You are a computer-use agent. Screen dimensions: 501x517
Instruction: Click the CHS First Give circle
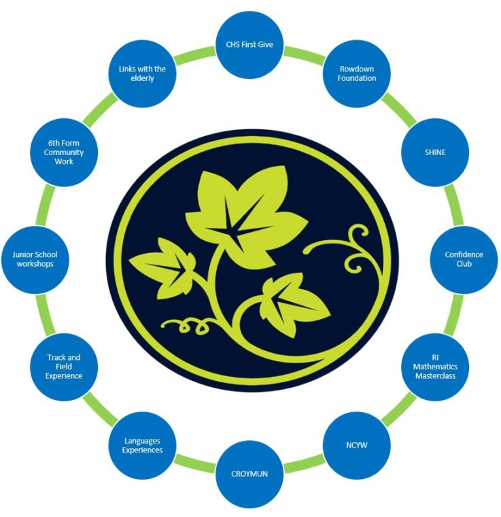[x=249, y=44]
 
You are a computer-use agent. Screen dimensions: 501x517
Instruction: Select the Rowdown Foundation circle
[x=357, y=73]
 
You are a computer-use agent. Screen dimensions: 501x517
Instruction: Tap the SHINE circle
[x=435, y=152]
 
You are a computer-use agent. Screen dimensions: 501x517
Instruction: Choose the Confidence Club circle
[x=464, y=259]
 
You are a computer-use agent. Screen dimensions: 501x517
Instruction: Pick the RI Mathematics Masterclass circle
[x=435, y=367]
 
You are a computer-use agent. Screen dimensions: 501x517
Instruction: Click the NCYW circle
[x=357, y=445]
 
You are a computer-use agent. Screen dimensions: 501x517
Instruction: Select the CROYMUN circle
[x=249, y=474]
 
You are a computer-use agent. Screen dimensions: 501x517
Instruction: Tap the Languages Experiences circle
[x=142, y=445]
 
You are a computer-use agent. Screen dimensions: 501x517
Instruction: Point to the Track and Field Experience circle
[x=64, y=367]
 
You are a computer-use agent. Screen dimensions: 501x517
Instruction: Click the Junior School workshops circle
[x=35, y=259]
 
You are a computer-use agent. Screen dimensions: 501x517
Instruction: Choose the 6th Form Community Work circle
[x=64, y=152]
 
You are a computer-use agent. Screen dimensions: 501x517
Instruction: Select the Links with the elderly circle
[x=142, y=73]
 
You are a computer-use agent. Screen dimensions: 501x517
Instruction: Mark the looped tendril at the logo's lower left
[x=188, y=324]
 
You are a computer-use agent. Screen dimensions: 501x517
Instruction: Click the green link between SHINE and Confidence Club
[x=453, y=205]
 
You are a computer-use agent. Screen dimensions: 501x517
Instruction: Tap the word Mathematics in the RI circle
[x=435, y=367]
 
